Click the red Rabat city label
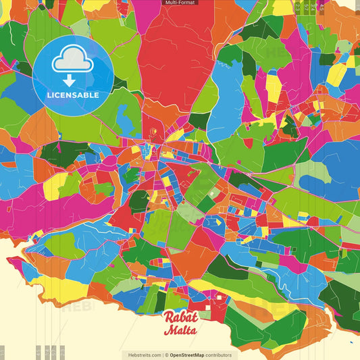click(180, 317)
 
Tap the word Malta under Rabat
click(180, 331)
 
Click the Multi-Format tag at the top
click(180, 3)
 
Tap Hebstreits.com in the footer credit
click(143, 355)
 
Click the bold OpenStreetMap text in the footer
click(192, 355)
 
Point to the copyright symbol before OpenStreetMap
click(167, 355)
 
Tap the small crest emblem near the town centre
click(153, 131)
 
